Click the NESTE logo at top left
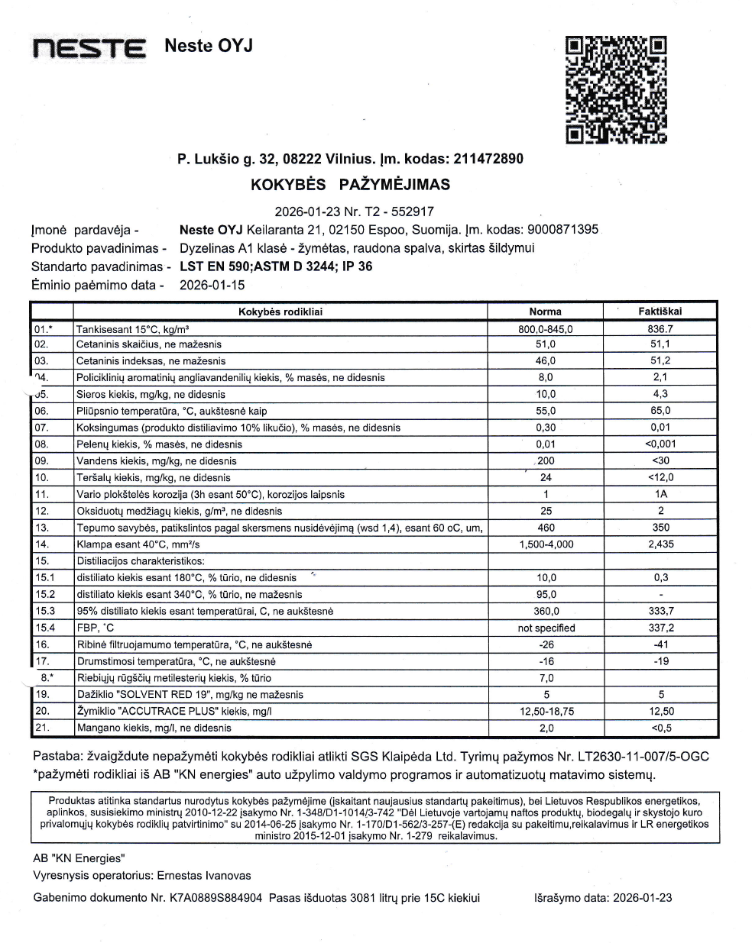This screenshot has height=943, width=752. (x=89, y=48)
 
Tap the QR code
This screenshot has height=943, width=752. (x=616, y=89)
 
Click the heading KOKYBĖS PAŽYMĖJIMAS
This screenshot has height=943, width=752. (x=350, y=184)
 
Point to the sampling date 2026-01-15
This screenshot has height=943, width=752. (x=212, y=285)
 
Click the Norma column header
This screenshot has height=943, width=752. (x=545, y=312)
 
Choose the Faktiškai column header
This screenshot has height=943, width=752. (x=660, y=311)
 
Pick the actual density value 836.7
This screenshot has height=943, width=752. (x=660, y=328)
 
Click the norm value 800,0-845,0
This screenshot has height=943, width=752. (x=545, y=329)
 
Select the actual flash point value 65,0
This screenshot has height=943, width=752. (x=660, y=411)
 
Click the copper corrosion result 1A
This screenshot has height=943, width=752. (x=660, y=494)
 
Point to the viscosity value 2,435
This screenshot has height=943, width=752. (x=660, y=544)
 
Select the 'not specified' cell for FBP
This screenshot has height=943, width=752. (x=546, y=628)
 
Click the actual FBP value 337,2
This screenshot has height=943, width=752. (x=660, y=628)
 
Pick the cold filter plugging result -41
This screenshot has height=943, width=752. (x=660, y=644)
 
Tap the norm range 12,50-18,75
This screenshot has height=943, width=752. (x=546, y=711)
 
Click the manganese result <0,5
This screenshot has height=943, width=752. (x=660, y=728)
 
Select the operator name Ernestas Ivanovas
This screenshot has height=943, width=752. (x=203, y=875)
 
